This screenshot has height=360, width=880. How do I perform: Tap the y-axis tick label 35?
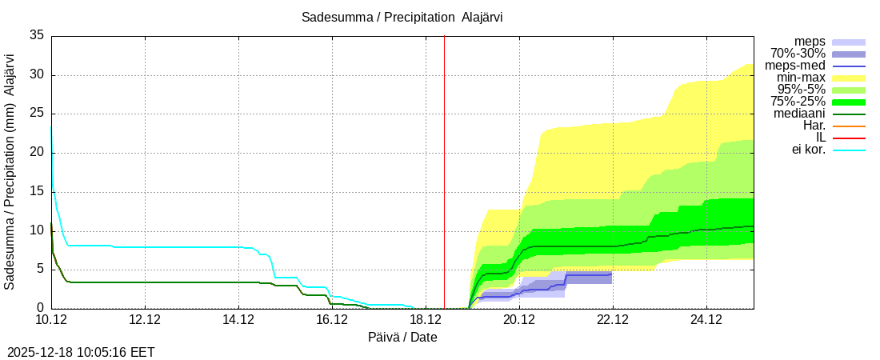point(37,36)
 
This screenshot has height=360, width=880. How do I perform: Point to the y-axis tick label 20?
point(37,153)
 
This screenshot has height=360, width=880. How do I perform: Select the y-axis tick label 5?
point(40,270)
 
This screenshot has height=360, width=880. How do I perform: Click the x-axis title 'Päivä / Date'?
point(402,338)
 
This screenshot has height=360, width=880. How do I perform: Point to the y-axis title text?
point(10,171)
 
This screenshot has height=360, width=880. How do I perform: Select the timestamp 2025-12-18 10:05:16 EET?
point(81,352)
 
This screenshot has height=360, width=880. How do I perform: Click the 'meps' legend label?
point(810,42)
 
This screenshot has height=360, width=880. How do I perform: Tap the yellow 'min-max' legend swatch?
point(849,78)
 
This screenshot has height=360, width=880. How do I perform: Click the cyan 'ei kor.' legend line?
point(849,150)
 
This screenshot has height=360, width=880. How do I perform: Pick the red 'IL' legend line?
point(849,138)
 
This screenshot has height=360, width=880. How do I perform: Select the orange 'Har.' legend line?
point(849,126)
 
